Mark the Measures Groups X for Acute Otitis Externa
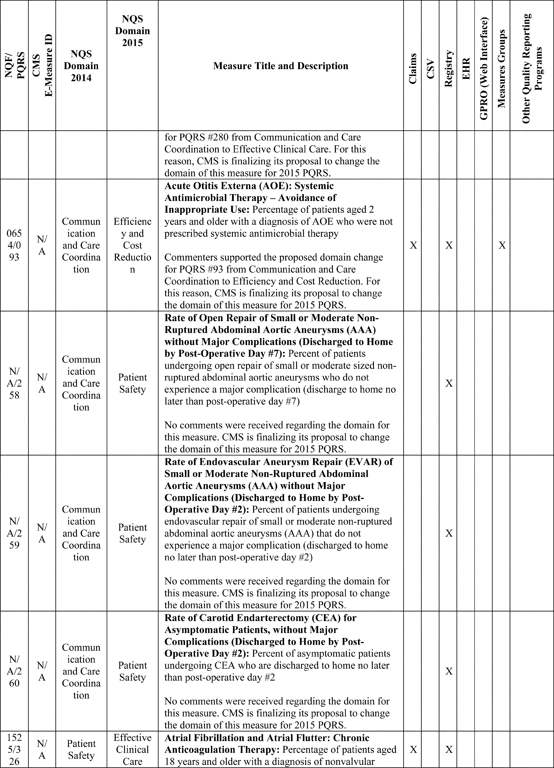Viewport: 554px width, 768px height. tap(502, 245)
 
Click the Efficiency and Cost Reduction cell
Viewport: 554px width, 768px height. tap(132, 245)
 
